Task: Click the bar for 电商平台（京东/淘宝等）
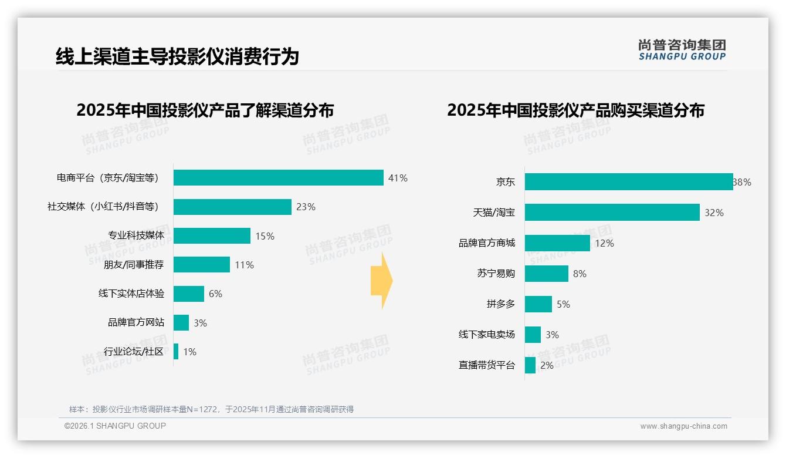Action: click(278, 178)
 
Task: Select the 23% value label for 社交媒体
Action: click(306, 207)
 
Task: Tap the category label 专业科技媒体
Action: click(136, 235)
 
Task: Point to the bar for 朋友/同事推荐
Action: click(201, 265)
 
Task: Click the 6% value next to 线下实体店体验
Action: click(215, 294)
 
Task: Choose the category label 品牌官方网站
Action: click(136, 322)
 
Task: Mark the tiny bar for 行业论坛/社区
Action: click(176, 352)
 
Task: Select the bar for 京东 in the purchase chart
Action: click(628, 182)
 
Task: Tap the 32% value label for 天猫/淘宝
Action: click(714, 213)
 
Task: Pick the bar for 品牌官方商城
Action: click(557, 243)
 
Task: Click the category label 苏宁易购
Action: click(496, 274)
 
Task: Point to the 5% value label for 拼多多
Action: click(563, 304)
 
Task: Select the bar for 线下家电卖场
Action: click(533, 335)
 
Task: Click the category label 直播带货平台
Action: click(486, 365)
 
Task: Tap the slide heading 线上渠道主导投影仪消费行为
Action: click(177, 56)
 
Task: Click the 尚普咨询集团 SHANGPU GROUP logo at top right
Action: click(682, 50)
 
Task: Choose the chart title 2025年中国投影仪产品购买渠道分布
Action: click(575, 110)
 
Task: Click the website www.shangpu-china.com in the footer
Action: click(683, 426)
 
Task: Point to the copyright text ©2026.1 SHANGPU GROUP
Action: click(115, 426)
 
